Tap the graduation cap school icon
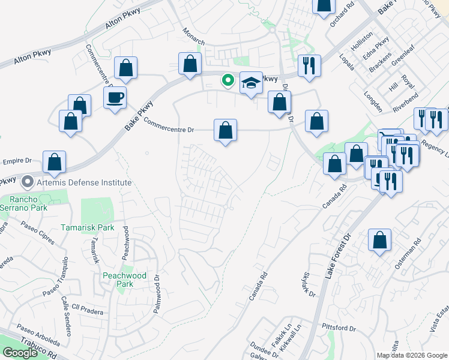252,83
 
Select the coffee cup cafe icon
115,97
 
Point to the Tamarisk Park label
88,228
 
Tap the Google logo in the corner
20,353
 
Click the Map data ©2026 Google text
412,355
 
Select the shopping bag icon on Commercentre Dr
225,130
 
